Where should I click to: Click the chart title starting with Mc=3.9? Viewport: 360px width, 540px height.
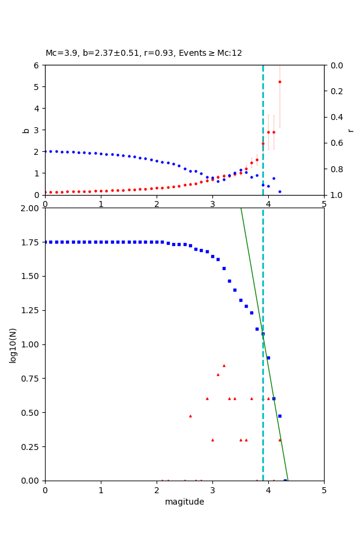click(x=144, y=53)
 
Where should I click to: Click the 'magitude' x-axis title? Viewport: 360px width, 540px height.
click(x=184, y=502)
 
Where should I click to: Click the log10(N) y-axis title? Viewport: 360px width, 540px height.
click(x=13, y=344)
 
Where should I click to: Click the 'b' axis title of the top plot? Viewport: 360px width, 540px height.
click(x=26, y=130)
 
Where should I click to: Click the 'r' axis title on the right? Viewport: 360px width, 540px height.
click(x=350, y=130)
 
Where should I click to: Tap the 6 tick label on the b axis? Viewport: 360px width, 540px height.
click(x=37, y=65)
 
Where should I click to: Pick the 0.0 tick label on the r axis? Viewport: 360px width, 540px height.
click(x=337, y=65)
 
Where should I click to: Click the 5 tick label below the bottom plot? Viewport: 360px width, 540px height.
click(x=324, y=490)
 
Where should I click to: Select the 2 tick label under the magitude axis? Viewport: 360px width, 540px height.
click(x=157, y=490)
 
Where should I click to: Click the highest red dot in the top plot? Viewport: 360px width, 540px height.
click(x=280, y=82)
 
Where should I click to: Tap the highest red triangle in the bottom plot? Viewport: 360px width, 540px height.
click(x=224, y=365)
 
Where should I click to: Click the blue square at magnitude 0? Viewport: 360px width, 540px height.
click(x=45, y=242)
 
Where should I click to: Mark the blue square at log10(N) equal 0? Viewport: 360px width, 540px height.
click(x=285, y=481)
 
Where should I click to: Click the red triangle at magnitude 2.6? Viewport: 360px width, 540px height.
click(x=190, y=416)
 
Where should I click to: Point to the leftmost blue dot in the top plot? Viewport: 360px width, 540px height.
click(x=45, y=151)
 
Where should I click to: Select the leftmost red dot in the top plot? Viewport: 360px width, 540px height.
click(x=45, y=192)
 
